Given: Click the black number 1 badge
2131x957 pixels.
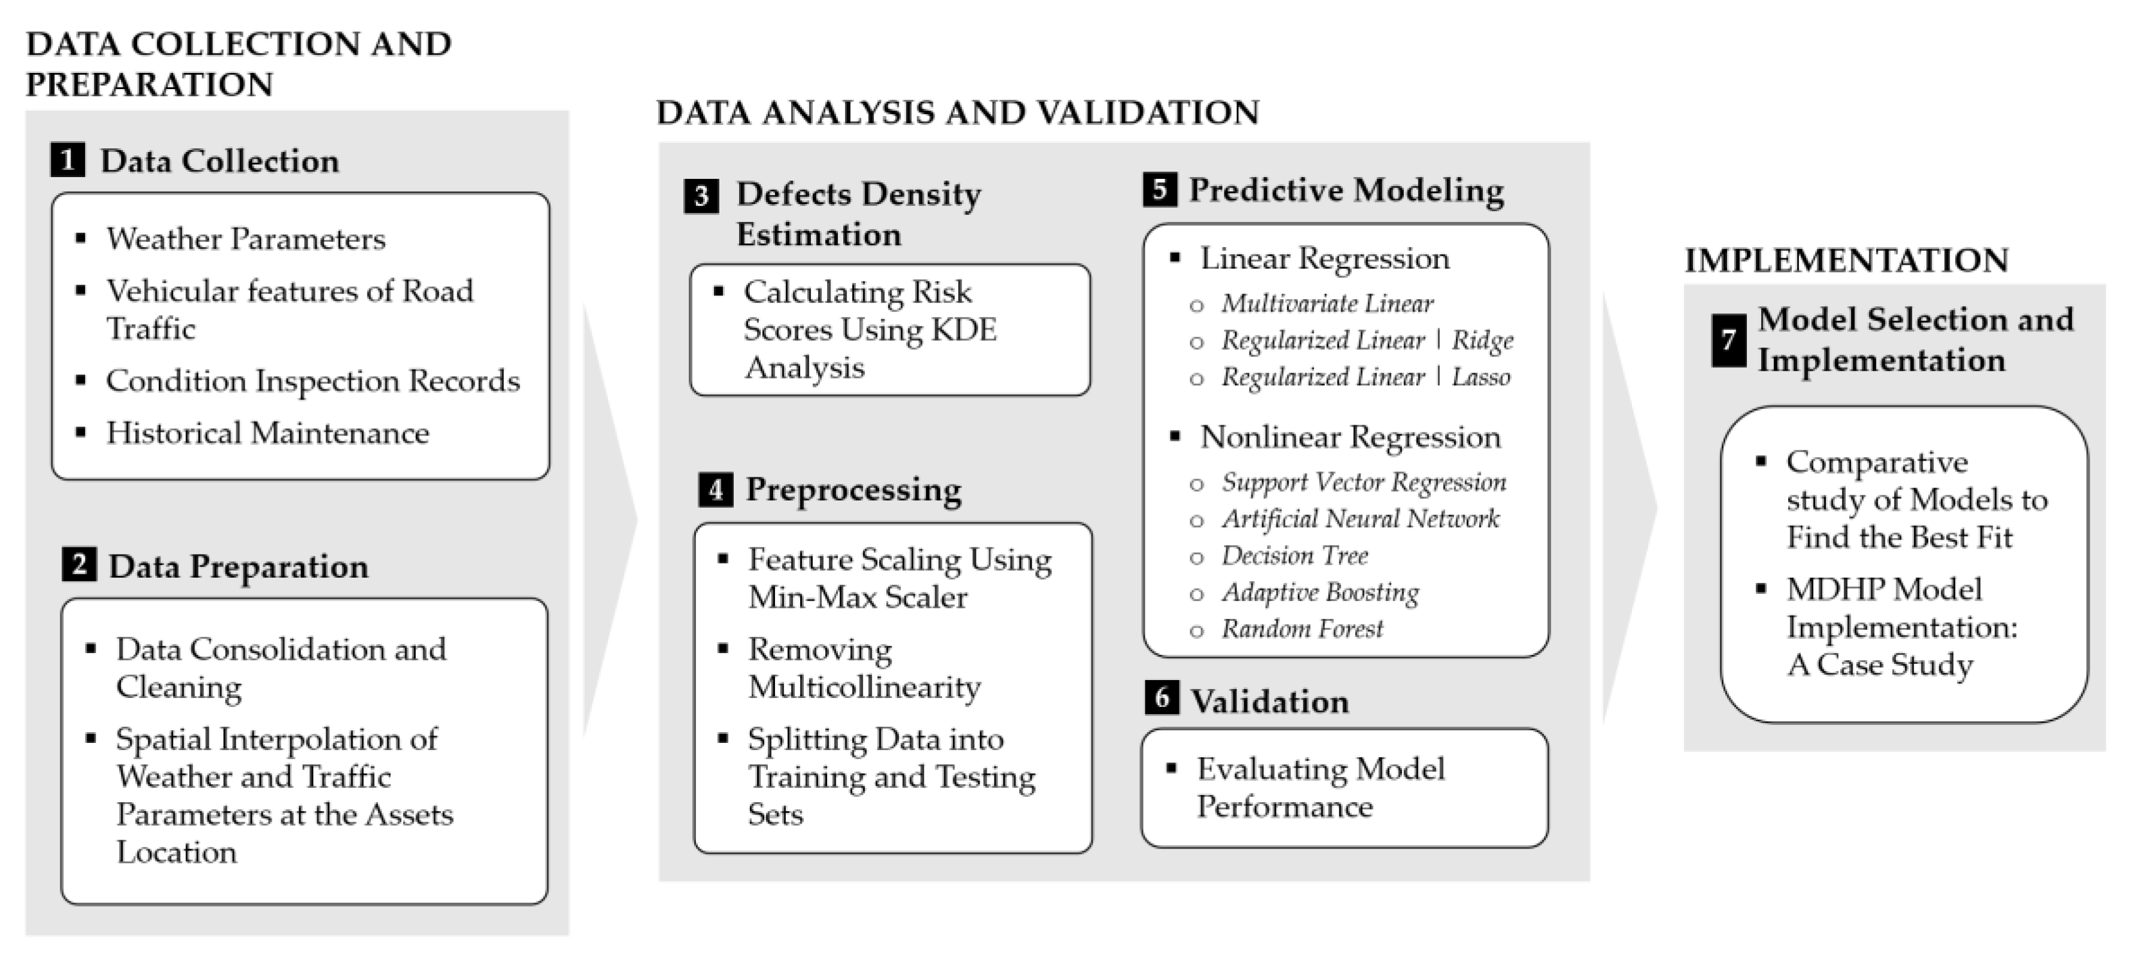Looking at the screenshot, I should click(x=68, y=160).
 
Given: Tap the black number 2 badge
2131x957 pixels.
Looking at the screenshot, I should click(x=78, y=565).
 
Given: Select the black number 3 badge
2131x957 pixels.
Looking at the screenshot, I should click(x=701, y=196).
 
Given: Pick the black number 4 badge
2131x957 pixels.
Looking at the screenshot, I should click(x=716, y=490).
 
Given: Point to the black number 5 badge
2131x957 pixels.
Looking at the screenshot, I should click(x=1160, y=190).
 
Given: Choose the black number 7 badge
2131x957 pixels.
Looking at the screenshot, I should click(x=1728, y=339).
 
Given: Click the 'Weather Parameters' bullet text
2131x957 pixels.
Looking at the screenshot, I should click(x=246, y=239).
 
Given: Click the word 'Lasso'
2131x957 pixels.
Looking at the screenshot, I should click(x=1481, y=377).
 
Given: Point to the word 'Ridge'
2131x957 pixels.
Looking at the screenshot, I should click(x=1482, y=340).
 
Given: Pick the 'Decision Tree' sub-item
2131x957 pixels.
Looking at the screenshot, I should click(x=1294, y=556).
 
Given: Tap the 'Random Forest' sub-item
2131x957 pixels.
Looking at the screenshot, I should click(x=1302, y=629).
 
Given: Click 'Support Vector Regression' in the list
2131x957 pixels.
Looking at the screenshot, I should click(x=1363, y=482).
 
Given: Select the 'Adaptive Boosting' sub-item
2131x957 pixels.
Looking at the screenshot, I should click(x=1320, y=592).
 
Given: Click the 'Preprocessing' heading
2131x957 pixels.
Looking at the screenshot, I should click(x=854, y=490).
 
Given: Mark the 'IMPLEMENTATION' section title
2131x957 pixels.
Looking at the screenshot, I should click(x=1846, y=261).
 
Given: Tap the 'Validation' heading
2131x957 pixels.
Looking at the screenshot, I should click(x=1269, y=702).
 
